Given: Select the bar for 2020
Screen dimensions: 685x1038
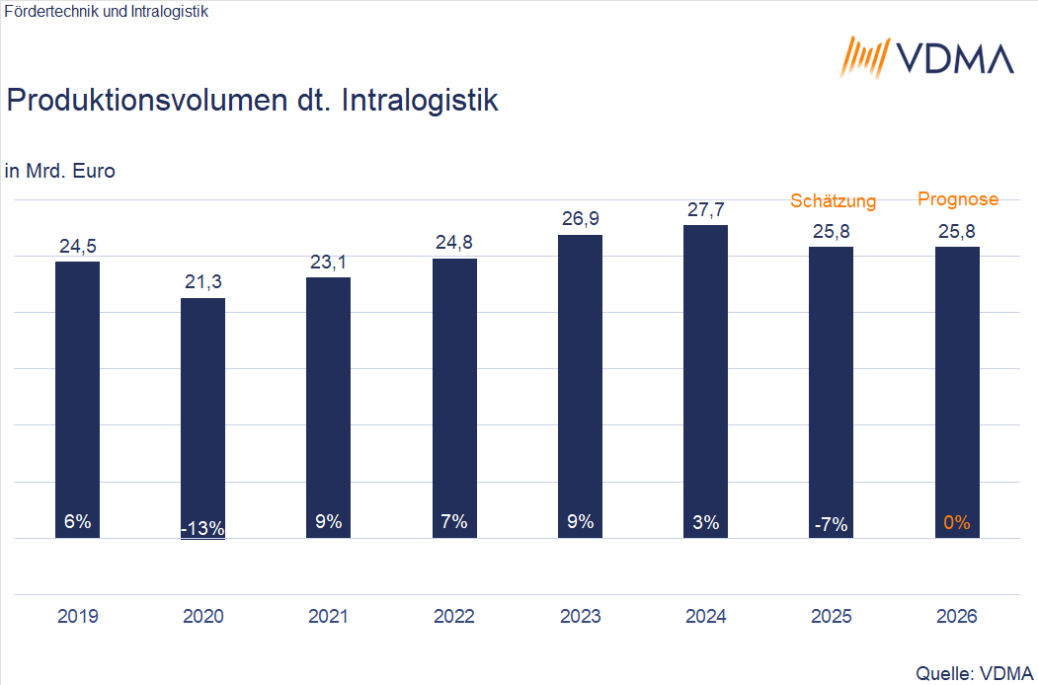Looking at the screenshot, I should coord(202,415).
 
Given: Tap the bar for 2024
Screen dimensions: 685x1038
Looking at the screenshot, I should coord(705,375).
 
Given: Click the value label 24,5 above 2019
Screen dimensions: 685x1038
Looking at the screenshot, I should coord(77,246).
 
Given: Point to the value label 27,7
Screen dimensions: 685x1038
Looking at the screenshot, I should coord(705,209).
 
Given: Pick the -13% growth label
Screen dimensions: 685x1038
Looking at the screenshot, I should coord(202,528).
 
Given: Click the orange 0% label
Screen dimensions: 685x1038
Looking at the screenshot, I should coord(957,523).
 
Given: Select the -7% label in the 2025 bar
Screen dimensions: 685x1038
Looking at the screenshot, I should coord(831,524).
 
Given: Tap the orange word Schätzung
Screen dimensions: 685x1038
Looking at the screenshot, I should coord(833,201).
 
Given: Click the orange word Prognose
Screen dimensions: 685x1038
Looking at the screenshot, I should coord(958,199).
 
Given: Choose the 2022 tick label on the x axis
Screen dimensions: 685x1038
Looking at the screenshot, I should coord(454,617).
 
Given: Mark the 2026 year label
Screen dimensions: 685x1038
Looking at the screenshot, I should coord(957,617).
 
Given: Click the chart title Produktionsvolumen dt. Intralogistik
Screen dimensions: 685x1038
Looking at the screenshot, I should coord(252,101).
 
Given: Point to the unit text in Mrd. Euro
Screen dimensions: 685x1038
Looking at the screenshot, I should coord(60,171).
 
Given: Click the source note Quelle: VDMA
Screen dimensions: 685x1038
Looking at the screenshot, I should coord(974,673).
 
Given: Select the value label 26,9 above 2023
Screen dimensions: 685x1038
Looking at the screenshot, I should coord(580,219).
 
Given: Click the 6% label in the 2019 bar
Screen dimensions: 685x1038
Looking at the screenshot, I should coord(77,522).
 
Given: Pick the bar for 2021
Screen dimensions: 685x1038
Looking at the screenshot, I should coord(328,405).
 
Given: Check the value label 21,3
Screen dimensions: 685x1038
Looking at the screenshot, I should coord(202,282).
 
